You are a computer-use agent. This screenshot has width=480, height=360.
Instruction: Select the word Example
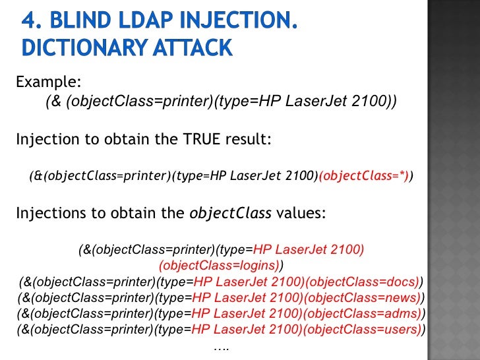(47, 82)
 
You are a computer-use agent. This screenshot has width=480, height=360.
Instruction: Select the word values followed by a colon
(297, 214)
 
